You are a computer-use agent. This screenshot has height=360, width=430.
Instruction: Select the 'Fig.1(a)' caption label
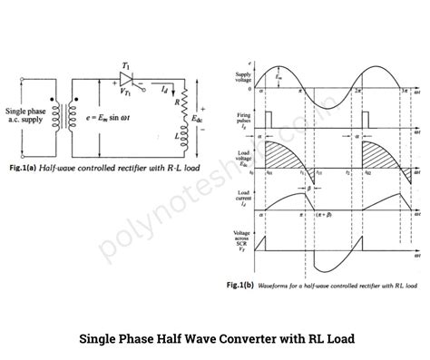point(24,170)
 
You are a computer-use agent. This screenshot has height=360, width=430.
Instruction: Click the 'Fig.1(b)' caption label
point(238,284)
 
